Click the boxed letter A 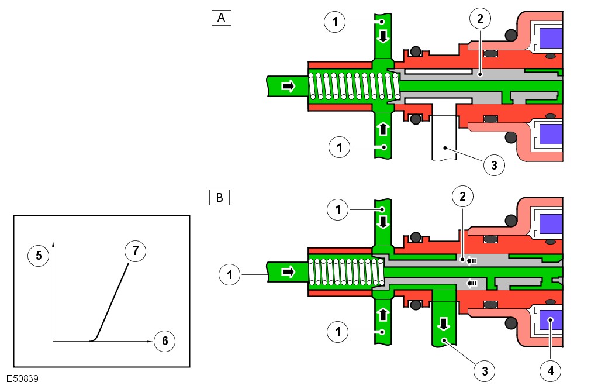click(x=222, y=18)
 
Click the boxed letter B click(x=219, y=198)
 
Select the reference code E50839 click(x=23, y=379)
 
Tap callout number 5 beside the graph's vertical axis click(x=39, y=255)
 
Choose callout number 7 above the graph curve click(x=135, y=252)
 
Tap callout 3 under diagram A click(x=494, y=166)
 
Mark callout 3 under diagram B click(x=485, y=370)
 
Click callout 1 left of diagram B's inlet click(x=230, y=273)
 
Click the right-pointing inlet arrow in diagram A click(x=288, y=87)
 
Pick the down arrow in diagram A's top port click(x=383, y=37)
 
